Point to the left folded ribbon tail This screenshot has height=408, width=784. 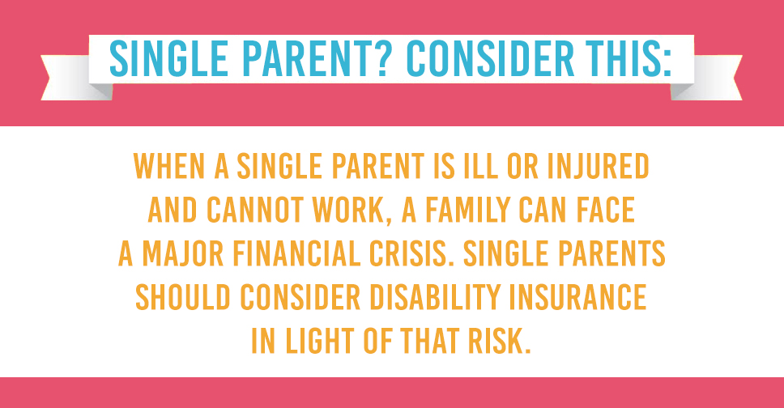[76, 78]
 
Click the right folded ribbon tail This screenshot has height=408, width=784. [706, 78]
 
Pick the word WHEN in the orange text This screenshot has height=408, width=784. [169, 167]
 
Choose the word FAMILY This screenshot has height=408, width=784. [467, 210]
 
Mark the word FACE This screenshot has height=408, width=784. [606, 210]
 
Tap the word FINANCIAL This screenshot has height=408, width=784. [296, 253]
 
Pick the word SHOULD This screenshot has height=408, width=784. [183, 297]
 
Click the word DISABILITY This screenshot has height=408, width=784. [435, 297]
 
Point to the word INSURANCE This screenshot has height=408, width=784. [578, 297]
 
